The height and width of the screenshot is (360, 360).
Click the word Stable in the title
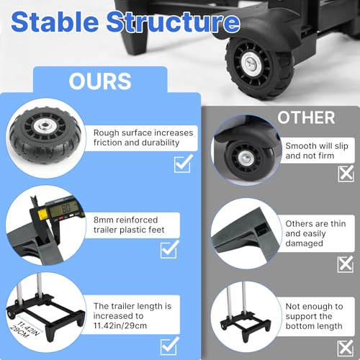[x=55, y=22]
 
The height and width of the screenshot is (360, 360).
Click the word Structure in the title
[x=174, y=22]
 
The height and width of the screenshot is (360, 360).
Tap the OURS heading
[x=100, y=81]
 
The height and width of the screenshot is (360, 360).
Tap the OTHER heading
[x=306, y=117]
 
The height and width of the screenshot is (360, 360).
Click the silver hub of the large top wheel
[x=251, y=63]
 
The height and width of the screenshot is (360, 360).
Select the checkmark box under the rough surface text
[x=184, y=163]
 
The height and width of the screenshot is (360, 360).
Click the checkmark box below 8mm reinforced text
[x=170, y=249]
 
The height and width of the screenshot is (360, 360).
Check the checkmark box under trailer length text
[x=170, y=346]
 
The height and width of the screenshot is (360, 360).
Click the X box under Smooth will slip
[x=346, y=173]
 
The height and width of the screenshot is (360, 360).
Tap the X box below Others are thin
[x=346, y=264]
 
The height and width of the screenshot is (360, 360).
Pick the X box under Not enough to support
[x=346, y=348]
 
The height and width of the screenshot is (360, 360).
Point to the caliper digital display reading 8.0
[x=66, y=209]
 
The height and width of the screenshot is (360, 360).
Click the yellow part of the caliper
[x=42, y=212]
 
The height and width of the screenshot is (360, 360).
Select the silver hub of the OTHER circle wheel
[x=245, y=158]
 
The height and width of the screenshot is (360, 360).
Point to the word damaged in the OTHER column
[x=305, y=243]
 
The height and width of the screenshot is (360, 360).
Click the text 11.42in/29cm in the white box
[x=120, y=325]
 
